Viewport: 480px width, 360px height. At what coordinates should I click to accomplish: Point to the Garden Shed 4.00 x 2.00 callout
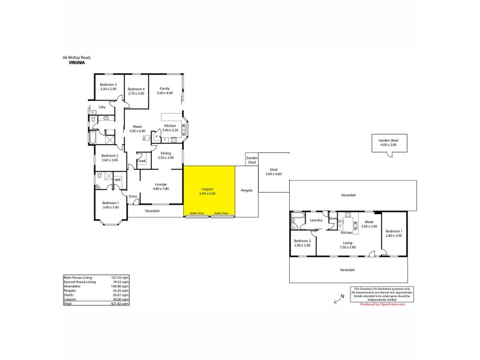tap(388, 143)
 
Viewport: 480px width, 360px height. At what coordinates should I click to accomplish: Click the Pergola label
tap(247, 190)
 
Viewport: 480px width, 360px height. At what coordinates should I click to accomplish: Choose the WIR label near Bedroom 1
tap(118, 179)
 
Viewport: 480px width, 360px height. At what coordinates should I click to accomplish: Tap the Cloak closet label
tap(142, 161)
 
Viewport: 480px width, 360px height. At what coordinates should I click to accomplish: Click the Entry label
tap(133, 196)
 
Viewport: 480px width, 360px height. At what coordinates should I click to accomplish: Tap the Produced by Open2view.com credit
tap(382, 304)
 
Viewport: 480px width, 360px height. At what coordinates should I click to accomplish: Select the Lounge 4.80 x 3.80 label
tap(161, 186)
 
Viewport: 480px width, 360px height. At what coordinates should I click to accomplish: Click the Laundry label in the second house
tap(316, 220)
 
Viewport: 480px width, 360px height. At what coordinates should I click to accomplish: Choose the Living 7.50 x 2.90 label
tap(347, 245)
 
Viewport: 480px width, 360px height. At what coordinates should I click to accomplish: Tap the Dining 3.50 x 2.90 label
tap(166, 155)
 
